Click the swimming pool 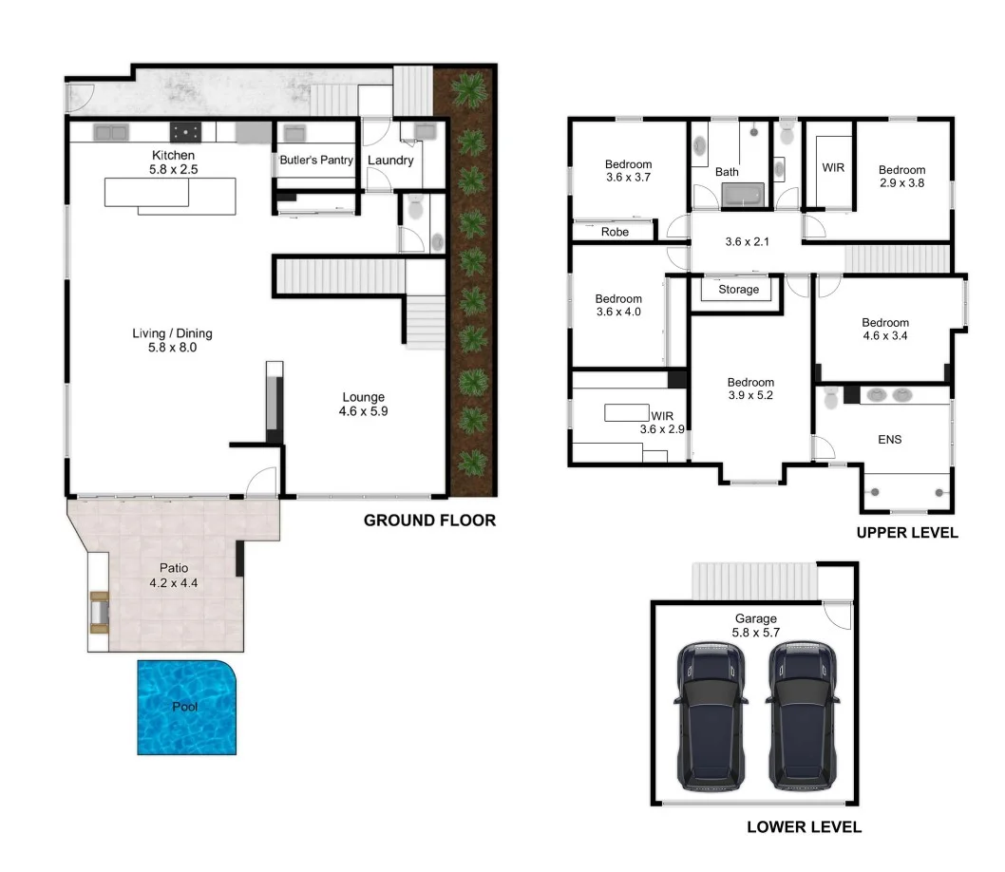click(186, 708)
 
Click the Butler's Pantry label click(315, 161)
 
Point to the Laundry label click(390, 161)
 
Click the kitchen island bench click(166, 194)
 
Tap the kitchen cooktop click(182, 132)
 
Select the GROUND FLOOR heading click(429, 521)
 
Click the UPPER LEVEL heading click(907, 533)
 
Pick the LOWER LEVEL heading click(804, 827)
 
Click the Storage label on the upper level click(738, 290)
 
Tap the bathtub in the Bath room click(743, 197)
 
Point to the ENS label click(889, 440)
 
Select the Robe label click(616, 232)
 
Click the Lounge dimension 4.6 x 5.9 click(364, 412)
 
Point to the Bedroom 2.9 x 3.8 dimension click(901, 185)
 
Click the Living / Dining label click(172, 333)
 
